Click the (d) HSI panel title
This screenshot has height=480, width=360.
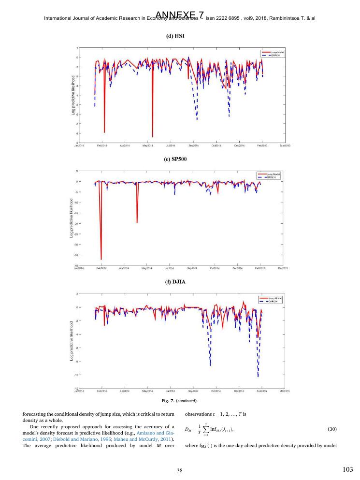tap(179, 38)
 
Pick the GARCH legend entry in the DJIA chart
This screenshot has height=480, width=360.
tap(272, 301)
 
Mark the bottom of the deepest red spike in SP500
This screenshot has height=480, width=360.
tap(101, 260)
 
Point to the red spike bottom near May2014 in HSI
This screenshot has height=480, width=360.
tap(153, 137)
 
